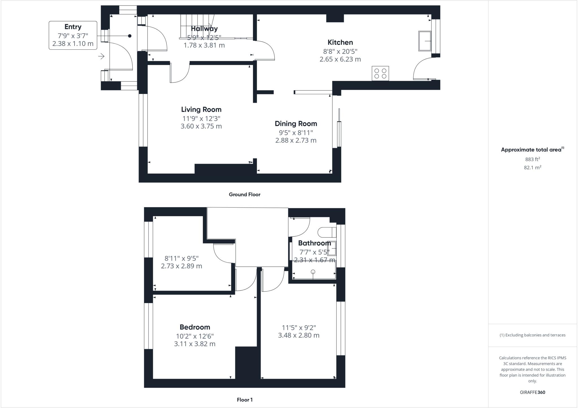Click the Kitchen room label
(340, 42)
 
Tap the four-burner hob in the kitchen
(380, 73)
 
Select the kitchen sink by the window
(425, 41)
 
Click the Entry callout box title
(73, 27)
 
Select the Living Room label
(201, 109)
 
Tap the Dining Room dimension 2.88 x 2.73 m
(296, 140)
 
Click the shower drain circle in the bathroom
(313, 272)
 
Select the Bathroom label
(314, 243)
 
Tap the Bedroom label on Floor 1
(195, 327)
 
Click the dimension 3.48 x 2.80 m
(299, 335)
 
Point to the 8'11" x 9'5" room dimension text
(181, 258)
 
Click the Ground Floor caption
(244, 194)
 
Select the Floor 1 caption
(245, 400)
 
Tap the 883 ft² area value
(532, 159)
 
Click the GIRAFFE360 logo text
(532, 392)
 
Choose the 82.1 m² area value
(532, 167)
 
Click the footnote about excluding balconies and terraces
(532, 335)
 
